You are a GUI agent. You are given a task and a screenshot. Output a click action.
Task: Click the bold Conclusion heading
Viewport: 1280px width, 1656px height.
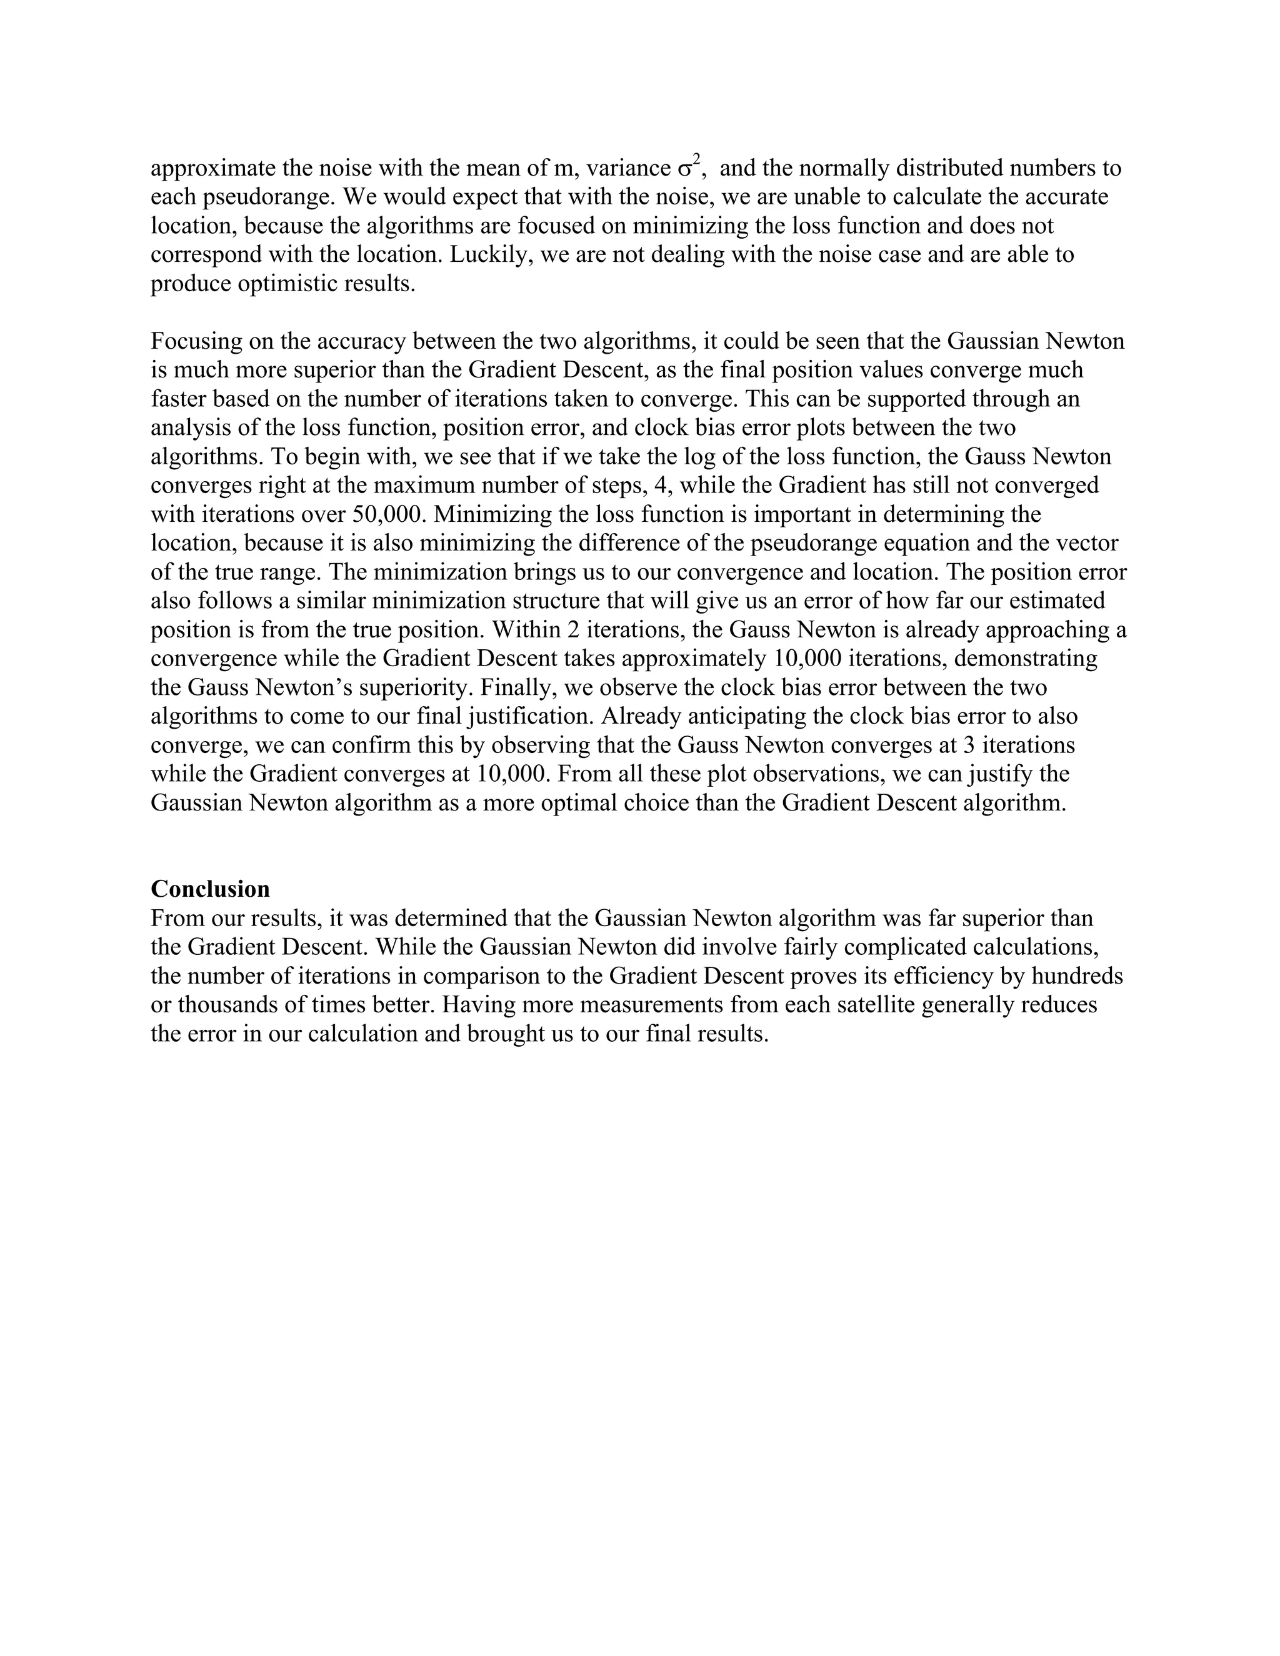coord(210,889)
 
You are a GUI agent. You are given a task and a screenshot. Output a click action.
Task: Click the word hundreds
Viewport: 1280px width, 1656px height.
coord(1077,976)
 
